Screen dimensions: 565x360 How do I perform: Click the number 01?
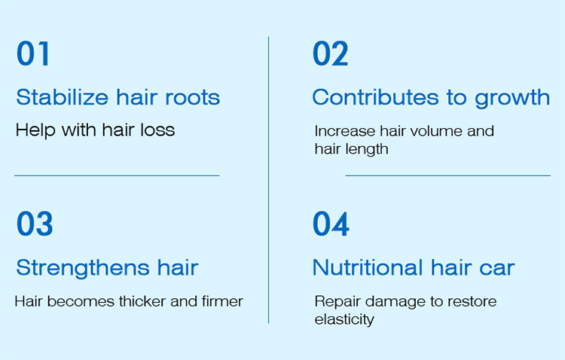32,53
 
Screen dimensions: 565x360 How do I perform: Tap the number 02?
331,53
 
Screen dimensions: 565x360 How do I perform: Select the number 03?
35,224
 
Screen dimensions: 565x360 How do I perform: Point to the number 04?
331,224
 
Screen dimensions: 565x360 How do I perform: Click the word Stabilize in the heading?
63,97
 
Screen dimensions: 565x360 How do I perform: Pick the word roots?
192,98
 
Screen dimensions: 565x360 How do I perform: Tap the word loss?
158,130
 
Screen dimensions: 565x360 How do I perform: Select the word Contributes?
375,97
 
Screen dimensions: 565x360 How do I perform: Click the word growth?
512,98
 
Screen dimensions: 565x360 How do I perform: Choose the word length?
367,150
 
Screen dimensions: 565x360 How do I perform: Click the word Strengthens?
83,268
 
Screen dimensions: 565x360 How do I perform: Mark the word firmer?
223,301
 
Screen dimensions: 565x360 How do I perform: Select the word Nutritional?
368,267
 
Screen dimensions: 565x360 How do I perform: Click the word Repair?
337,302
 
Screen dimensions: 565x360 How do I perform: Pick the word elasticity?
344,319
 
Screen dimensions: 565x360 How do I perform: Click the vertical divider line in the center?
268,180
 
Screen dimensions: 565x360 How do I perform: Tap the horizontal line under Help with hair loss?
117,175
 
